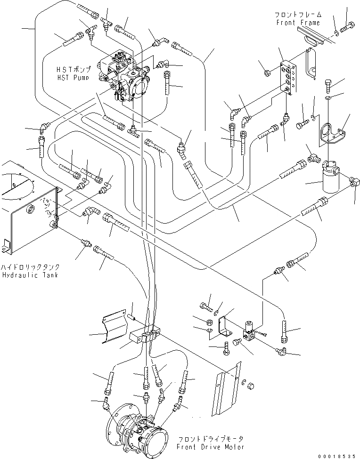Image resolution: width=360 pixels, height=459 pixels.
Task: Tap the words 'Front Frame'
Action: pyautogui.click(x=298, y=23)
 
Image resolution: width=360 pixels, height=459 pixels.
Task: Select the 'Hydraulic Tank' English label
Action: pyautogui.click(x=30, y=275)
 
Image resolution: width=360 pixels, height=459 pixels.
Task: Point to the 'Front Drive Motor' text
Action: pyautogui.click(x=210, y=447)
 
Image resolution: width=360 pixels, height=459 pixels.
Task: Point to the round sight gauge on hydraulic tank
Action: pyautogui.click(x=31, y=209)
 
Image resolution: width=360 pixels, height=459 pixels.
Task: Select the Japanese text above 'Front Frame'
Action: pyautogui.click(x=298, y=14)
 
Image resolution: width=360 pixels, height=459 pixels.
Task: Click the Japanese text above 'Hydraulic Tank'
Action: pyautogui.click(x=30, y=267)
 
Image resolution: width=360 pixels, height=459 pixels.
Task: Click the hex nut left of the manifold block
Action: pyautogui.click(x=267, y=73)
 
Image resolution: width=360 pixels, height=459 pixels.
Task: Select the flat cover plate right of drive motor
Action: pyautogui.click(x=226, y=388)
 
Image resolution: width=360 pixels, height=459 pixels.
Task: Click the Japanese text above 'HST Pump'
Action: pyautogui.click(x=74, y=70)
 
